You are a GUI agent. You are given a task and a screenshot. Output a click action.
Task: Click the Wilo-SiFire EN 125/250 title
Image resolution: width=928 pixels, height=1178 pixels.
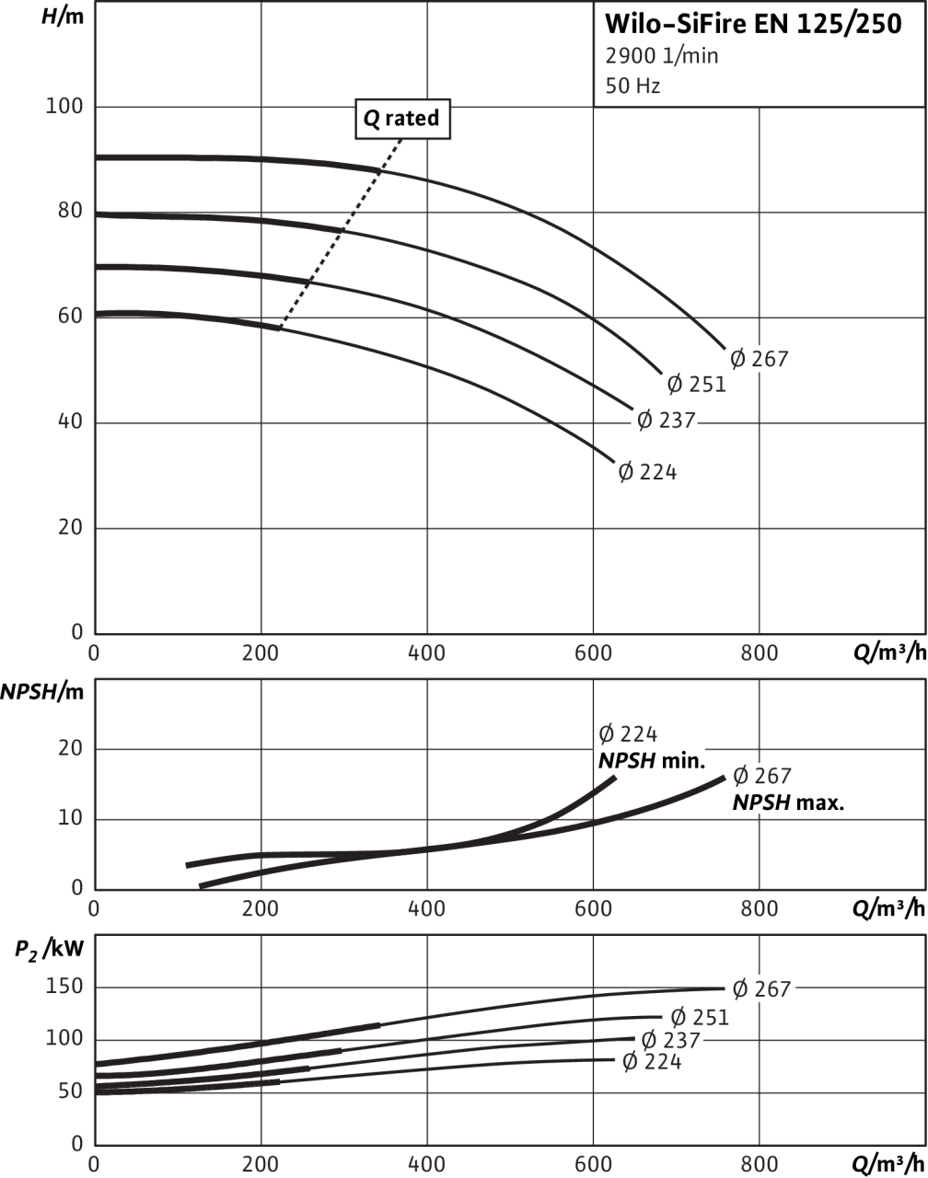click(x=752, y=24)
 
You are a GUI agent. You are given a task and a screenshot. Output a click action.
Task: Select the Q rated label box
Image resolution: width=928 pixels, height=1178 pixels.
click(x=402, y=119)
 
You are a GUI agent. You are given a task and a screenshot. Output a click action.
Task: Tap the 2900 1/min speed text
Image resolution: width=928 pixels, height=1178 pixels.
click(x=661, y=56)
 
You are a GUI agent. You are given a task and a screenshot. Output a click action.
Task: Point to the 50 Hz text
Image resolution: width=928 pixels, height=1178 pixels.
click(x=632, y=87)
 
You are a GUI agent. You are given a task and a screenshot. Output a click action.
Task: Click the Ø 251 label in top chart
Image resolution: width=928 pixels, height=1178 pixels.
click(x=696, y=384)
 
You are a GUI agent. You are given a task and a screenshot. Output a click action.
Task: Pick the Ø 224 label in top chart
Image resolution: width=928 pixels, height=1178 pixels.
click(x=647, y=473)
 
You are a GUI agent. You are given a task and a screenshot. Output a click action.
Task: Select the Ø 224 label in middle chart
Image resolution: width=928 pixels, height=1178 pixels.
click(x=628, y=734)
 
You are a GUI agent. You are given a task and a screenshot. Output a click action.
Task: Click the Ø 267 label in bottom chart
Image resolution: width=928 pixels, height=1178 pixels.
click(x=760, y=989)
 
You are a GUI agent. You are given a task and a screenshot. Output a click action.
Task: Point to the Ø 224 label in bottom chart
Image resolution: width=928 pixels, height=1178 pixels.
click(x=652, y=1062)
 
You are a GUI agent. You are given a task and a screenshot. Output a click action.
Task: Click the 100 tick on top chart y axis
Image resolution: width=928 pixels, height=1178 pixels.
click(x=64, y=107)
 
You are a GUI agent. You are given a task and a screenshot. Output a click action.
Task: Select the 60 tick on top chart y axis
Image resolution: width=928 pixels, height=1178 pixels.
click(x=70, y=317)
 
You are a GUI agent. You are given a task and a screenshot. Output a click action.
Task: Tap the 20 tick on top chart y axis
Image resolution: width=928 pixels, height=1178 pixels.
click(x=70, y=528)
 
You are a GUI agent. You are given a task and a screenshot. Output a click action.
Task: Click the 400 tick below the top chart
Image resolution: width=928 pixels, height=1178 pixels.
click(x=427, y=654)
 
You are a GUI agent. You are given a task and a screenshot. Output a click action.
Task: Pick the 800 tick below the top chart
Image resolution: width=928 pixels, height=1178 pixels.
click(x=759, y=654)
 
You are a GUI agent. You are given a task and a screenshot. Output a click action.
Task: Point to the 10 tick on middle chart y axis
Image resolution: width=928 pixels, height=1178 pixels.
click(x=72, y=819)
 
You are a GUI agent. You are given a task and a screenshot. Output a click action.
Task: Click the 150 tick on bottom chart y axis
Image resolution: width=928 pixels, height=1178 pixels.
click(x=65, y=987)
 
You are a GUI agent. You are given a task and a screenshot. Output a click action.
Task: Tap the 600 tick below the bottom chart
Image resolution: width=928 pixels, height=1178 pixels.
click(x=593, y=1164)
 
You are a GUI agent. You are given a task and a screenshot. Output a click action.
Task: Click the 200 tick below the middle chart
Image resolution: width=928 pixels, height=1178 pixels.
click(x=261, y=909)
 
